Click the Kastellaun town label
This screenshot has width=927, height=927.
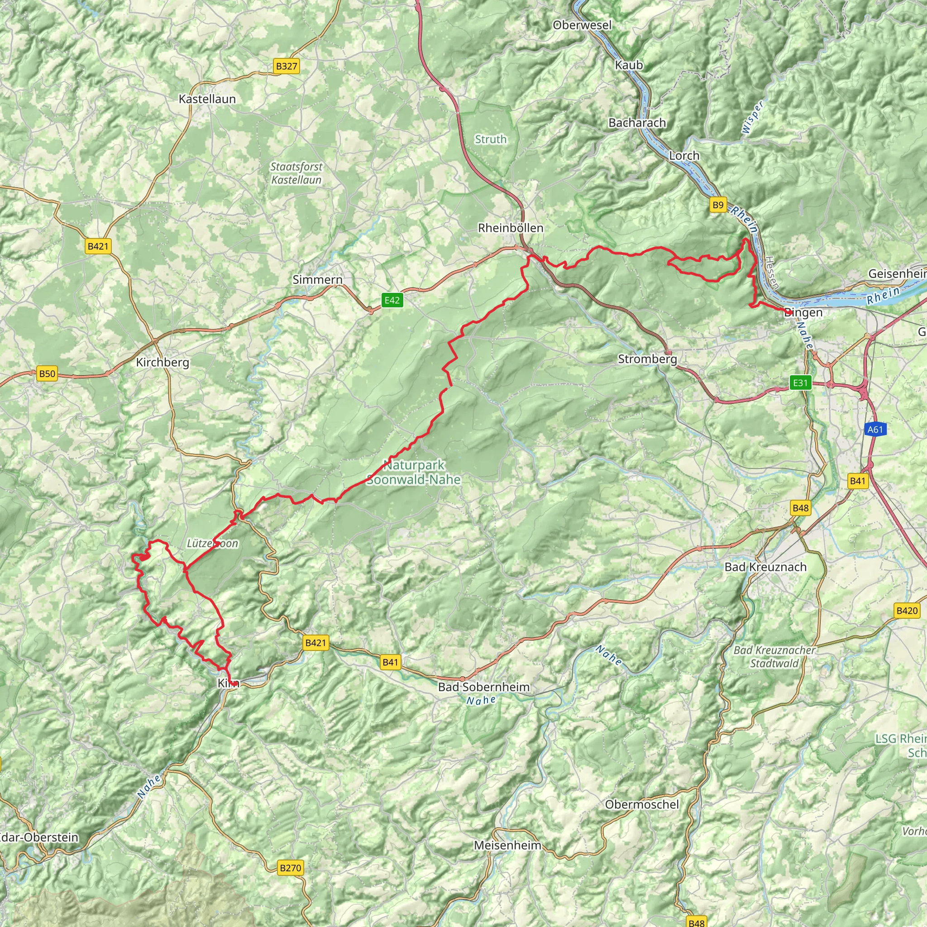point(207,99)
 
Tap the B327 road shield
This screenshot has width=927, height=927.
point(287,66)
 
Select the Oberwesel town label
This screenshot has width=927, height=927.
point(582,25)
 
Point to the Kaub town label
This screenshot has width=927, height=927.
point(629,65)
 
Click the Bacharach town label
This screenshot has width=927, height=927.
point(637,123)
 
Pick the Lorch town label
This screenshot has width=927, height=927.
point(684,155)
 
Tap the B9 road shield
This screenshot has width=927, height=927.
point(717,205)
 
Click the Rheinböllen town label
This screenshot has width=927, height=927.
point(511,228)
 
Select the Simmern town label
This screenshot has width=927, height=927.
point(318,279)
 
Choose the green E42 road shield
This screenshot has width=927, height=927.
point(392,301)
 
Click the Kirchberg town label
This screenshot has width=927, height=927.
point(162,362)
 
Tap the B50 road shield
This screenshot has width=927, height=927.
point(47,374)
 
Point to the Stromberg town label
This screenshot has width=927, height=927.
point(647,359)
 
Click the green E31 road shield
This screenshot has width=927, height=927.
point(800,382)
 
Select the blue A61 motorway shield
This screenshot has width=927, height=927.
point(874,430)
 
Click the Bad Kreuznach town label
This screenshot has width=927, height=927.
point(765,567)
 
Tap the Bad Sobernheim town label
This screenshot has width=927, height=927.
point(484,687)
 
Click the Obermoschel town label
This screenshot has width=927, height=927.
point(642,804)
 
